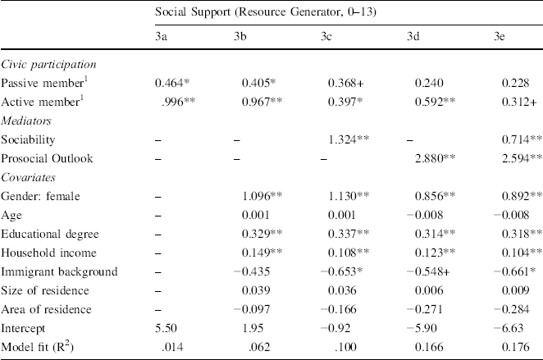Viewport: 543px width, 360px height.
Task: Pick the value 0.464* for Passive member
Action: (x=175, y=84)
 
